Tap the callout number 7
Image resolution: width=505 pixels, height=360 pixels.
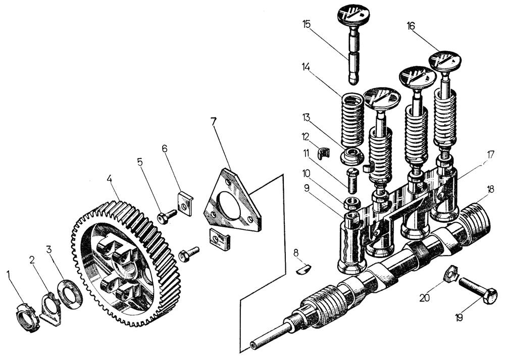coord(214,122)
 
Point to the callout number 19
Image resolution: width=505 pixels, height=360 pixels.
coord(459,318)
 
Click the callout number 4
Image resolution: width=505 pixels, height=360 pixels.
coord(109,179)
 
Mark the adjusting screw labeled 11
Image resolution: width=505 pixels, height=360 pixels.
coord(352,180)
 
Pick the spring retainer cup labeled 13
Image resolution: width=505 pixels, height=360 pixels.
coord(353,155)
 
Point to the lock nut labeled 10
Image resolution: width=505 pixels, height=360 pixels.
coord(351,204)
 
